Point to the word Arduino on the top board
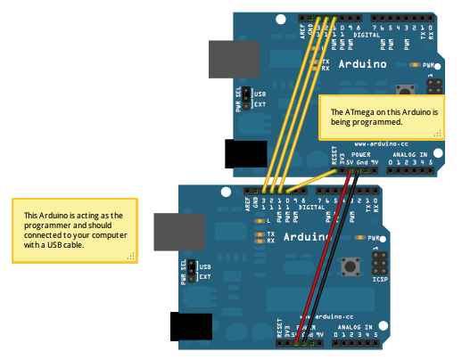[361, 65]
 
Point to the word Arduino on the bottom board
[309, 238]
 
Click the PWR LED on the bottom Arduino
[360, 239]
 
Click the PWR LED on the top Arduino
[415, 65]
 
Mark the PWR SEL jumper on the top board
[247, 99]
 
